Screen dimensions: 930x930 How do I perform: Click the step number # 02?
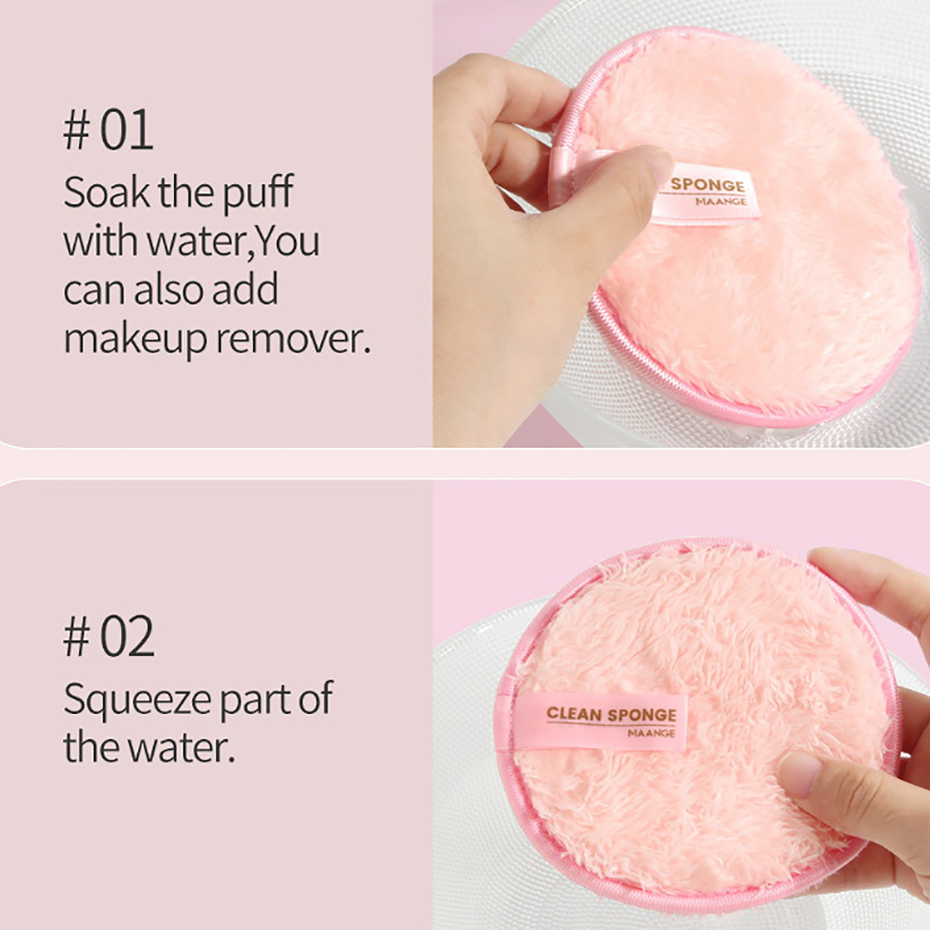109,636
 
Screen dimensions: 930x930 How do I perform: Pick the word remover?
294,339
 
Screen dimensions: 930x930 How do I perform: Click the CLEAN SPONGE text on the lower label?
611,714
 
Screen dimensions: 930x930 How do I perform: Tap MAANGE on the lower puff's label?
651,734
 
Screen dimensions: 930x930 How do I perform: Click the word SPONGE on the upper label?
707,185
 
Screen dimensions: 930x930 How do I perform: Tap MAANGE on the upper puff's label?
721,202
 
